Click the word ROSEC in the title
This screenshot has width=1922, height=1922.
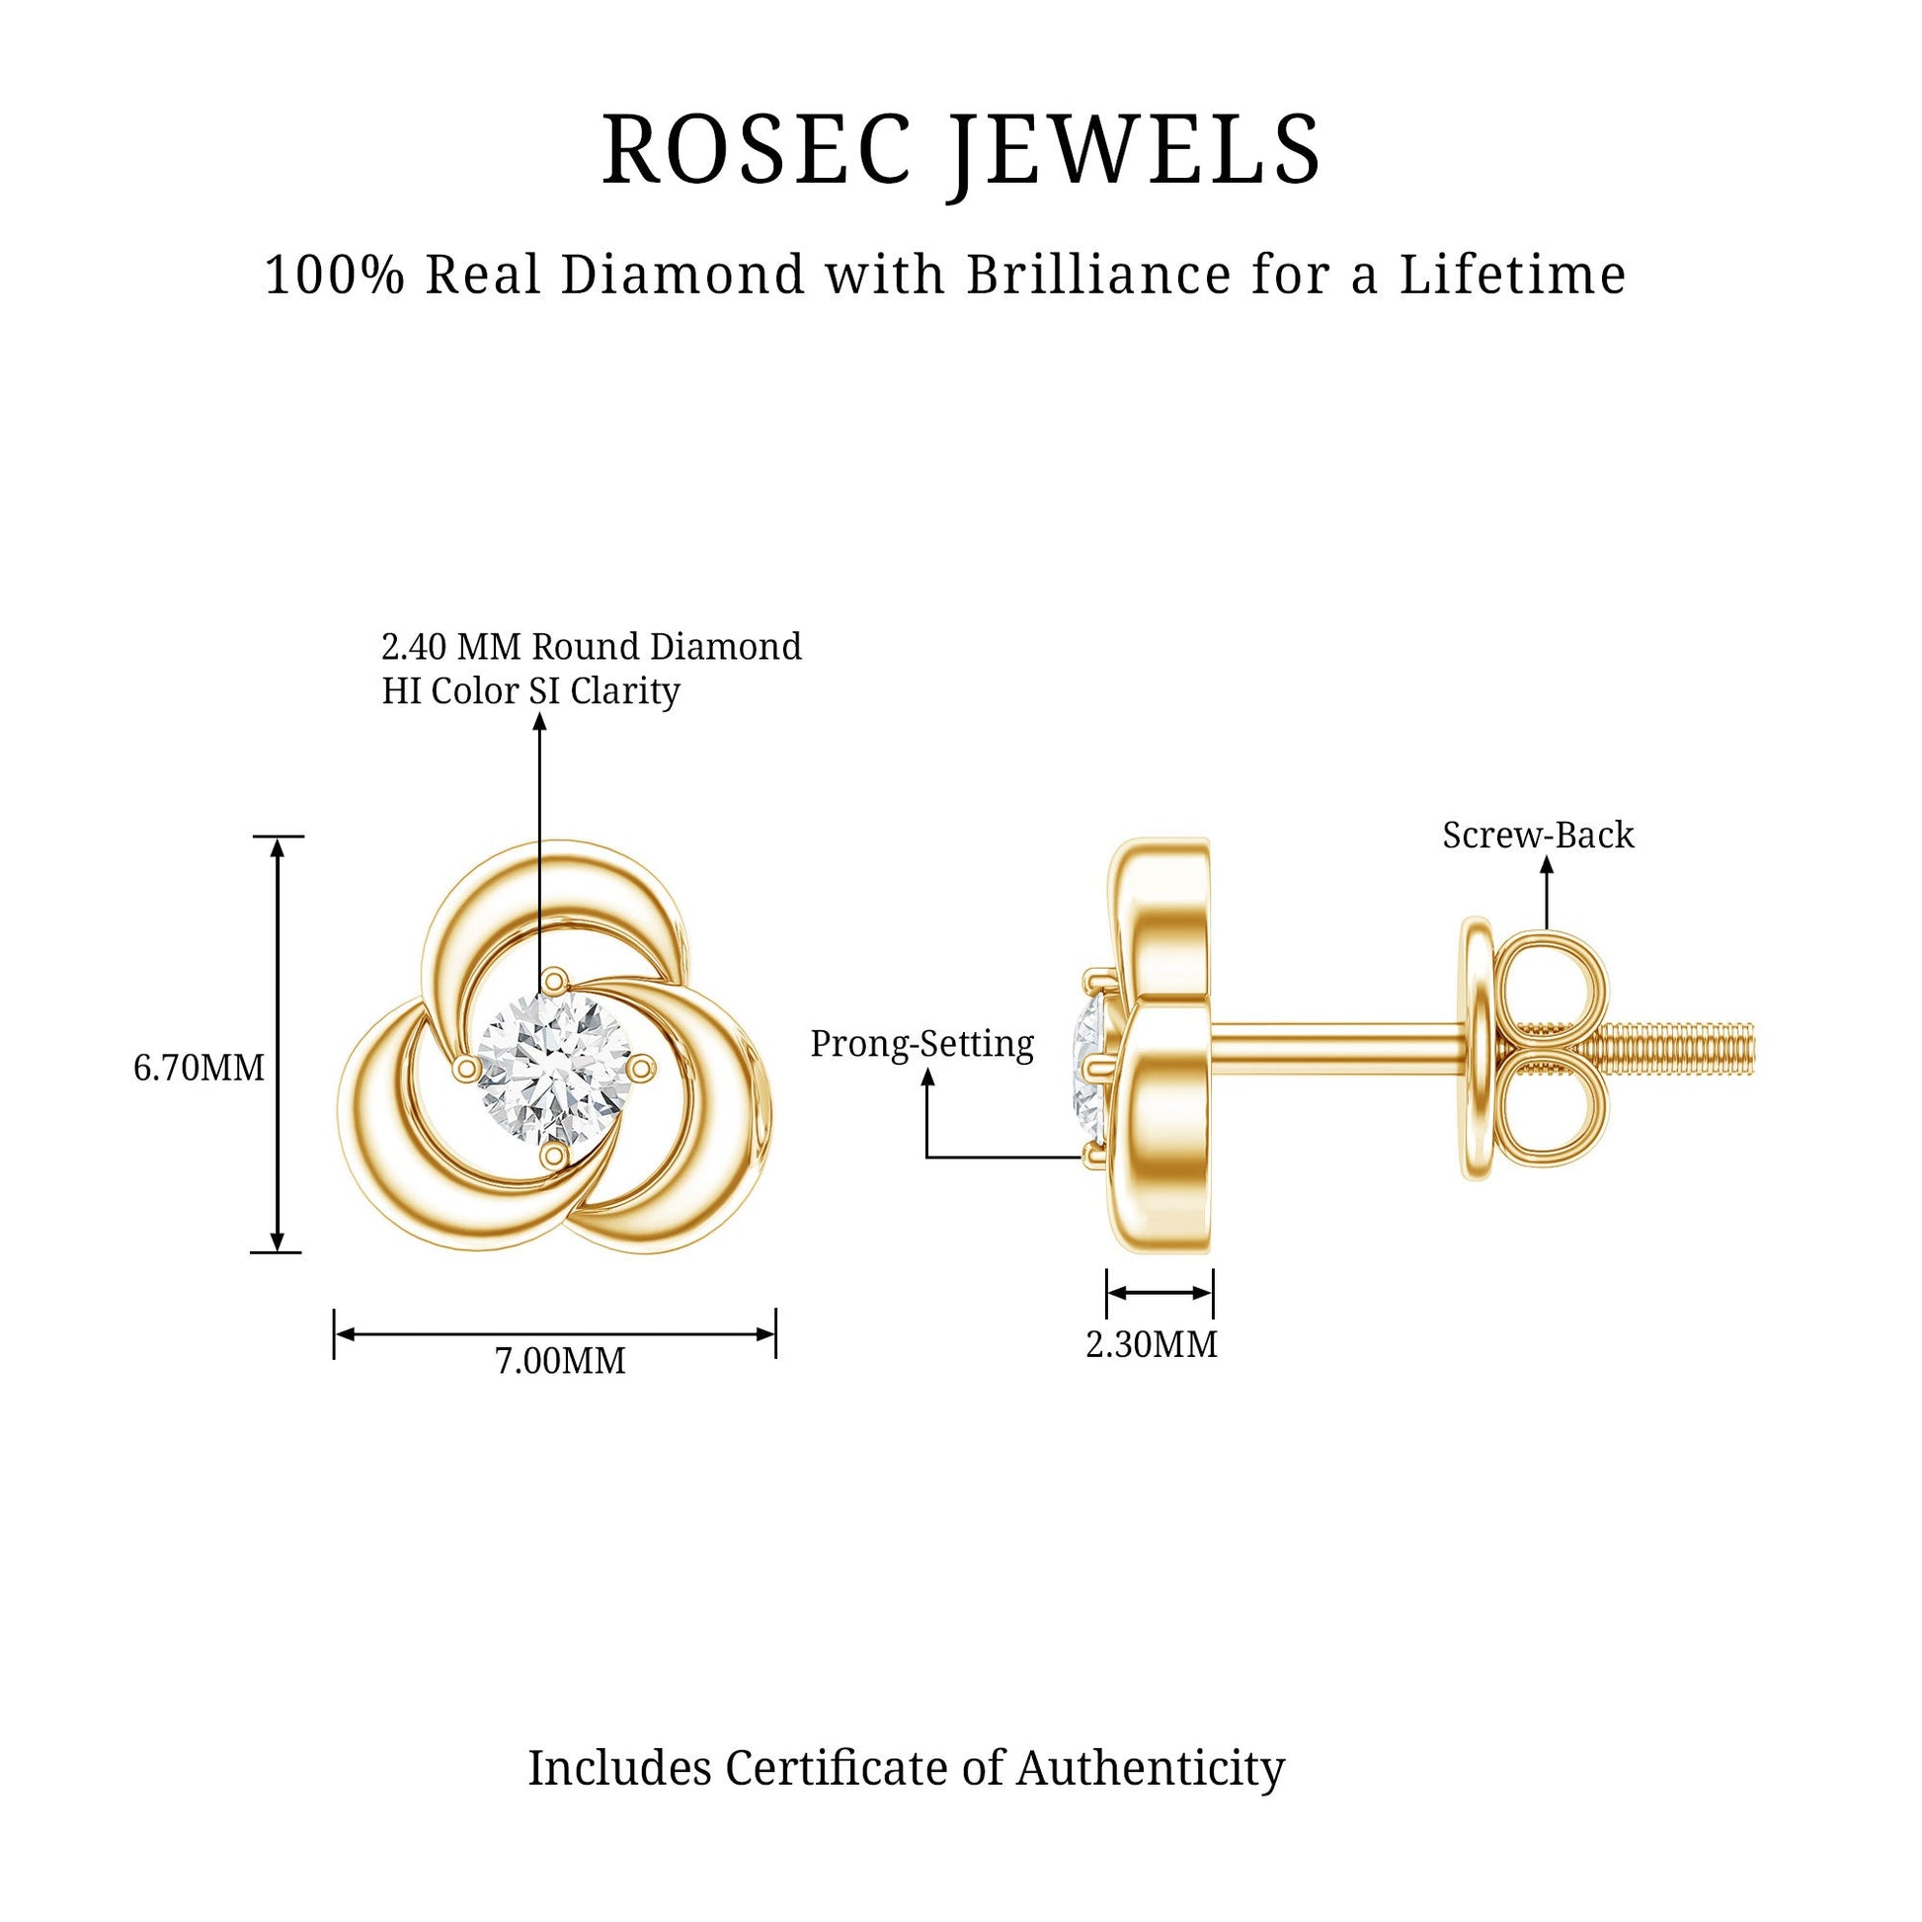pos(758,149)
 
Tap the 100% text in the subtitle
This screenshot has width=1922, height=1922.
pos(334,275)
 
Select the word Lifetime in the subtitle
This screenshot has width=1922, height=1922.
pos(1513,275)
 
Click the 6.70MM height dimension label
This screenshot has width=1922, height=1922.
pos(199,1069)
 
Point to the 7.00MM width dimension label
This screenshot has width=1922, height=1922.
pos(560,1360)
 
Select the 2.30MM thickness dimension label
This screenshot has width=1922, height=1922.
pos(1151,1344)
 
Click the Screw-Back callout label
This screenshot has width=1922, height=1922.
pos(1538,835)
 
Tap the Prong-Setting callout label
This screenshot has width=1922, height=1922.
pos(922,1044)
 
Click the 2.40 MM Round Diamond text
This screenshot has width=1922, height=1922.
pos(591,647)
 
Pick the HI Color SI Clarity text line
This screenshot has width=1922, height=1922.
pos(530,690)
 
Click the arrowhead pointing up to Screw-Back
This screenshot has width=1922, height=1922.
pos(1546,865)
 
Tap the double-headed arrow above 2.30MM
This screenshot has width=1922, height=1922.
pos(1160,1293)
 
